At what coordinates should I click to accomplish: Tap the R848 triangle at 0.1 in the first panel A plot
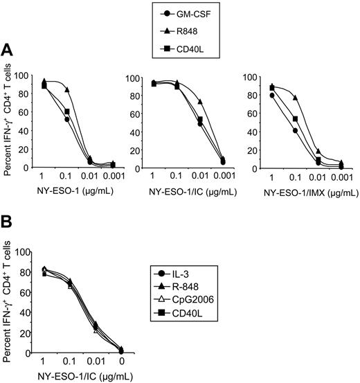click(x=67, y=89)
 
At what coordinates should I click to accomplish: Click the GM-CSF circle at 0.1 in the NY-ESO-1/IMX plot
click(x=295, y=130)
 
